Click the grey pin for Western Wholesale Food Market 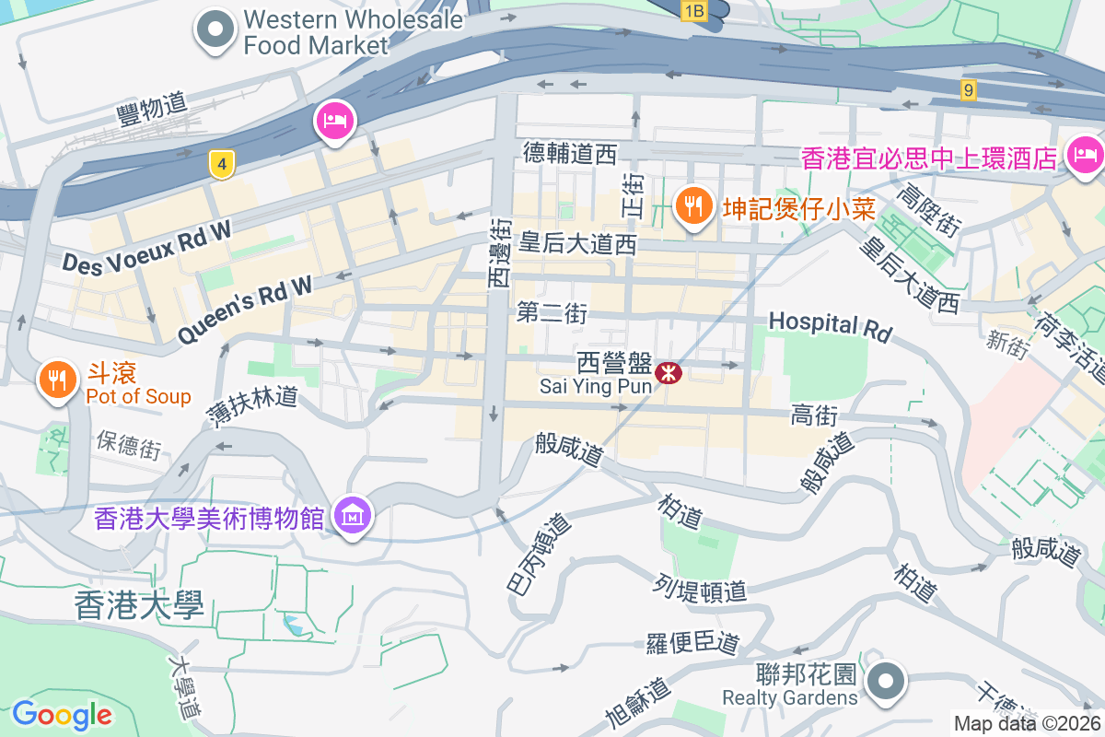(x=215, y=29)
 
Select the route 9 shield (x=967, y=89)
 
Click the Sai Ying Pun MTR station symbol (x=668, y=372)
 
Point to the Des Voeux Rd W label (x=146, y=249)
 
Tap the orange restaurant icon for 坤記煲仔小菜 (x=692, y=205)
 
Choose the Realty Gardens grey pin (x=886, y=684)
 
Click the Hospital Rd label (x=831, y=325)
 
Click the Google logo (x=62, y=715)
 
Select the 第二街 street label (x=552, y=313)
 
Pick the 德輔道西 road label (x=569, y=153)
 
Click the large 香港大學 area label (x=138, y=604)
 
